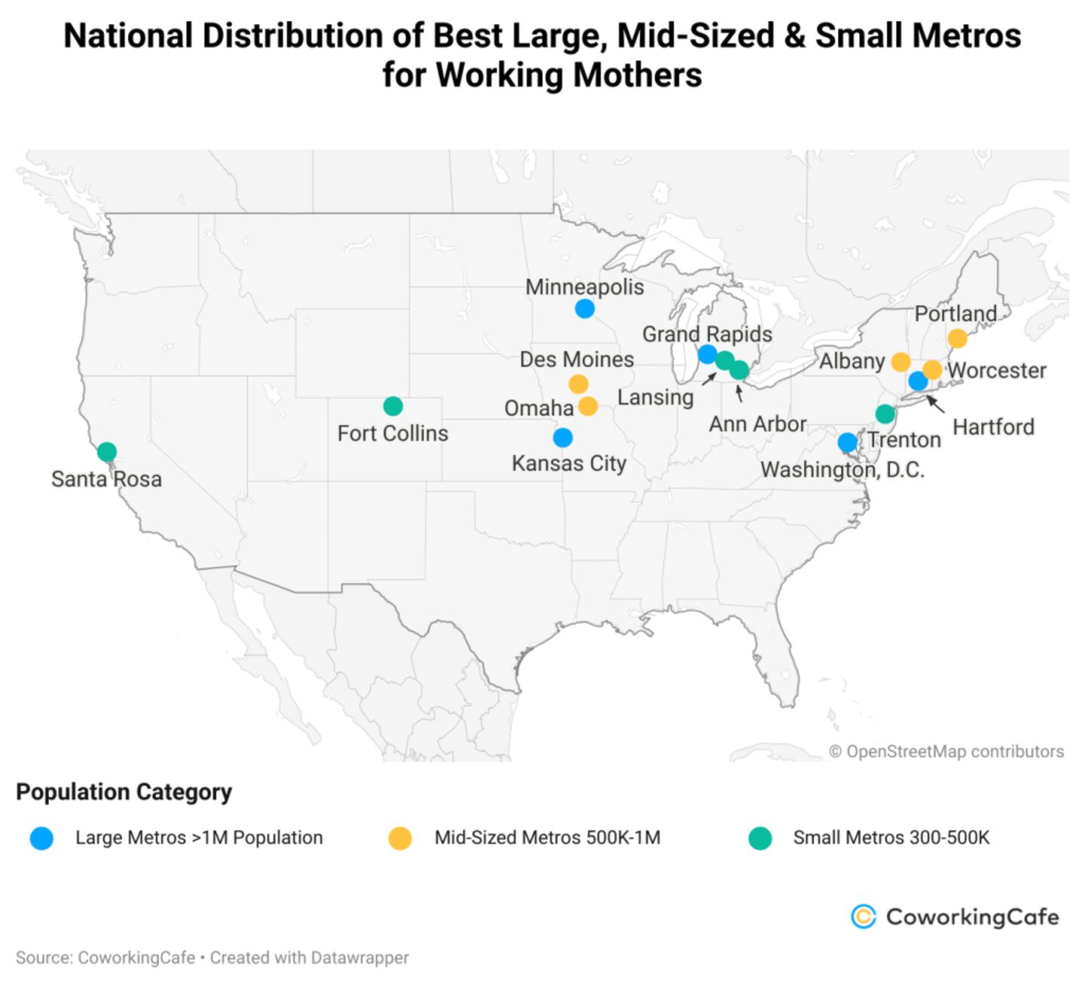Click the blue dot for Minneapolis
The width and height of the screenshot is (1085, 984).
pyautogui.click(x=585, y=308)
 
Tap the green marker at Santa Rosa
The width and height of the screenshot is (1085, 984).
pyautogui.click(x=107, y=452)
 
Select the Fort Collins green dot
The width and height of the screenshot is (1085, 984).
pyautogui.click(x=393, y=406)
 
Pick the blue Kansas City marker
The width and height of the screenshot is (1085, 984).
pyautogui.click(x=562, y=437)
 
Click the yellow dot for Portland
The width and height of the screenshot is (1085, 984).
pyautogui.click(x=957, y=339)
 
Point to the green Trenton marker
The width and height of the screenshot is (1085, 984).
pyautogui.click(x=885, y=414)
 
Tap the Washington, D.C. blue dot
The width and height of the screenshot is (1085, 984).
pyautogui.click(x=848, y=442)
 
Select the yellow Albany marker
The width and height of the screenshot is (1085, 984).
pyautogui.click(x=900, y=362)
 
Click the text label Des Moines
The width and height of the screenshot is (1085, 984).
pyautogui.click(x=576, y=360)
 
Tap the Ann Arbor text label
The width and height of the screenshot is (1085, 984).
pyautogui.click(x=757, y=425)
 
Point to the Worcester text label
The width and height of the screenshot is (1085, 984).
pyautogui.click(x=997, y=371)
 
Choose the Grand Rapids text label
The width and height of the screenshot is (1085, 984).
pyautogui.click(x=707, y=334)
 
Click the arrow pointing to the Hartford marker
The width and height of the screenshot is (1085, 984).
pyautogui.click(x=935, y=403)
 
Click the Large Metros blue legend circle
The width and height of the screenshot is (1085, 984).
pyautogui.click(x=42, y=838)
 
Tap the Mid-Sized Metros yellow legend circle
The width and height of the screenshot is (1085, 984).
pyautogui.click(x=400, y=838)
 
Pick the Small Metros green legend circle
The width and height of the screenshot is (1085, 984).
pyautogui.click(x=760, y=838)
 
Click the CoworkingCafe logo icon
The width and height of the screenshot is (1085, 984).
pyautogui.click(x=863, y=916)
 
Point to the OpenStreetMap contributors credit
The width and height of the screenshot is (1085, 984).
pyautogui.click(x=946, y=752)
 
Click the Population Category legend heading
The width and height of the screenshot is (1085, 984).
pyautogui.click(x=124, y=792)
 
